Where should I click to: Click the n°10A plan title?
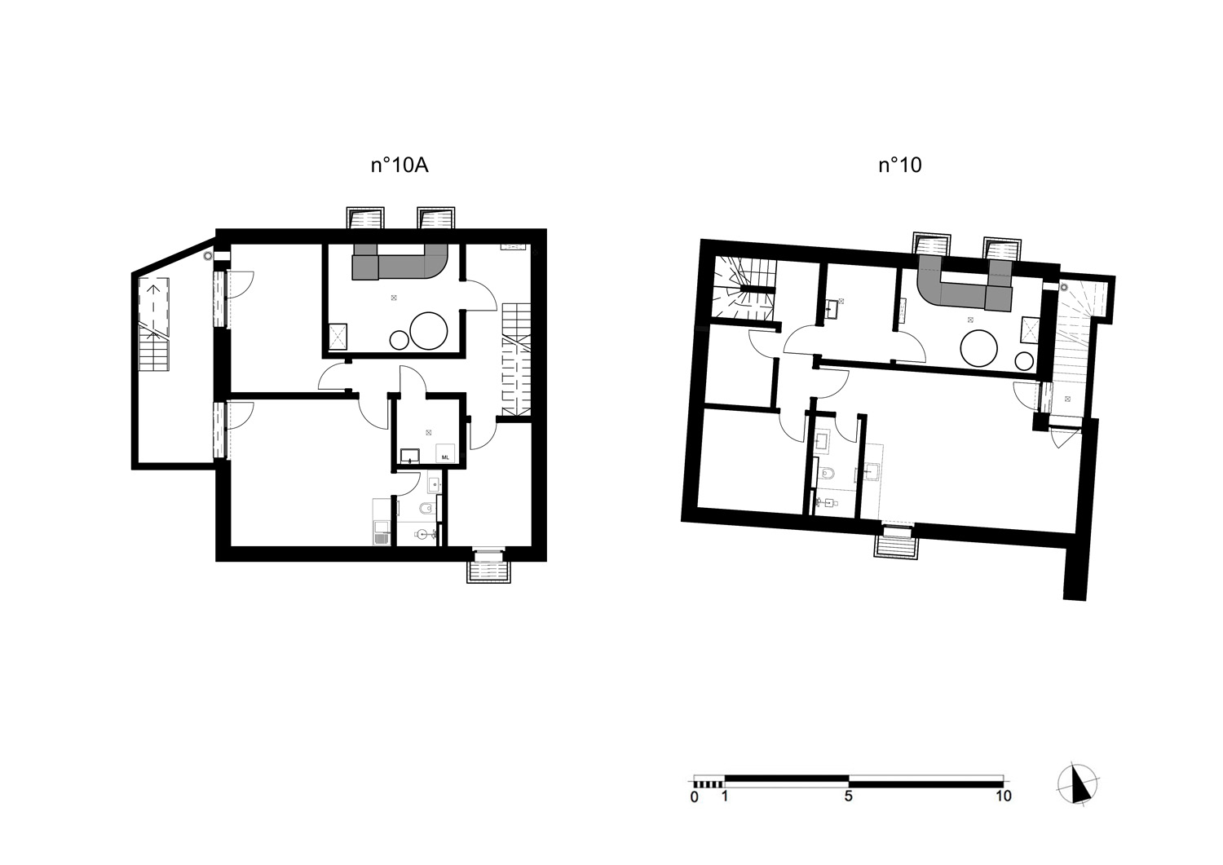tap(400, 165)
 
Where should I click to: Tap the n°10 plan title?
tap(900, 165)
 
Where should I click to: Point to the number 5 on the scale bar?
tap(848, 797)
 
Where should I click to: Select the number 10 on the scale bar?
tap(1004, 797)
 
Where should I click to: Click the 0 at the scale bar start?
tap(694, 797)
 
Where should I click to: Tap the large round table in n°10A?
tap(429, 330)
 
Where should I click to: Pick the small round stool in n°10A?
tap(400, 340)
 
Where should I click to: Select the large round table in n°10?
tap(979, 348)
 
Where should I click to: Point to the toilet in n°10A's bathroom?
tap(426, 510)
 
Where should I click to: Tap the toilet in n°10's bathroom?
tap(828, 473)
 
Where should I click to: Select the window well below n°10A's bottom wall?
tap(488, 567)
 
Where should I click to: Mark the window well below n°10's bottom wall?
tap(897, 541)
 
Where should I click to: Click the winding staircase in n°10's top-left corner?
tap(744, 289)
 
